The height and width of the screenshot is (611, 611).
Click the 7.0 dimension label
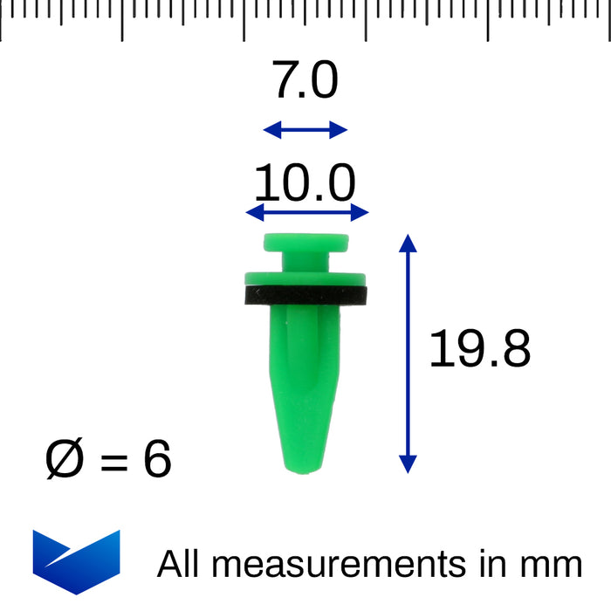[305, 80]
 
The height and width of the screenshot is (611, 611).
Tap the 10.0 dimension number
[305, 182]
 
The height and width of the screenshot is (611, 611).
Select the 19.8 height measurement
[480, 348]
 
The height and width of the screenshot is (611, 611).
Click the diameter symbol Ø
[65, 458]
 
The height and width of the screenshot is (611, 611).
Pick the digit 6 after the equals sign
[157, 458]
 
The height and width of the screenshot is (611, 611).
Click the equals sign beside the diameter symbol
[114, 462]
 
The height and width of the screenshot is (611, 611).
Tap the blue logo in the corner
[77, 562]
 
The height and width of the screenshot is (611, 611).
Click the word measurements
[339, 565]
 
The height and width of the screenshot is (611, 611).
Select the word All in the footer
[178, 563]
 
